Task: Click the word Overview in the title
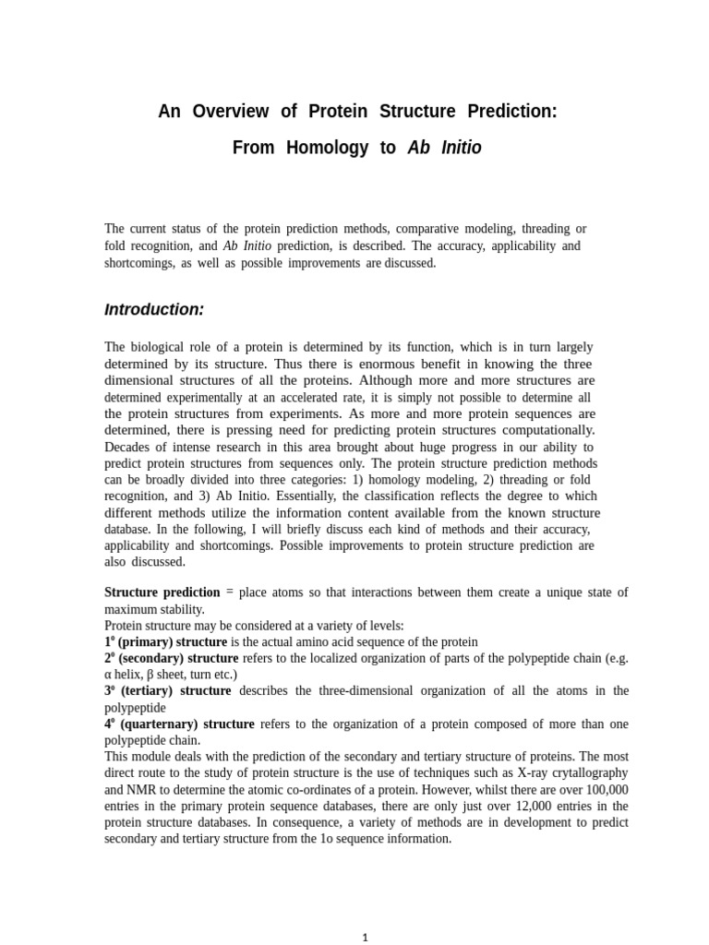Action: tap(231, 112)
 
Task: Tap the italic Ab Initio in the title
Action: tap(444, 148)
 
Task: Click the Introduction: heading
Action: tap(154, 310)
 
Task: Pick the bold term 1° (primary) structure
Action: tap(166, 641)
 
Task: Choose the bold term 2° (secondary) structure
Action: tap(172, 658)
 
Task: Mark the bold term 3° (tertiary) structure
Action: tap(168, 690)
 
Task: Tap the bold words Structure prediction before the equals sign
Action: tap(162, 592)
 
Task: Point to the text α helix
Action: tap(124, 675)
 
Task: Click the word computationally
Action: tap(545, 430)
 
